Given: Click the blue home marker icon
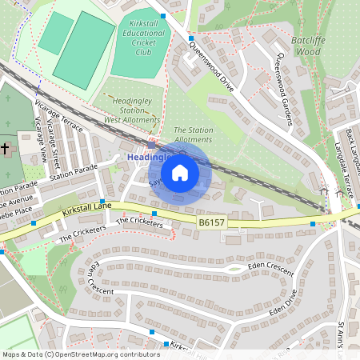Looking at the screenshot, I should click(x=180, y=172).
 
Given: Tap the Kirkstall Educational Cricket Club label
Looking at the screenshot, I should click(x=143, y=38).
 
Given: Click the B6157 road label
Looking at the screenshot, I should click(x=210, y=221).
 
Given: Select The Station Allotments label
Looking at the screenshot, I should click(x=193, y=134).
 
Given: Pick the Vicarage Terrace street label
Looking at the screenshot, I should click(x=61, y=117).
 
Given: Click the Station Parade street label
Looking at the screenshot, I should click(x=73, y=173).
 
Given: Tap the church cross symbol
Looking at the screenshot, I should click(x=5, y=149).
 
